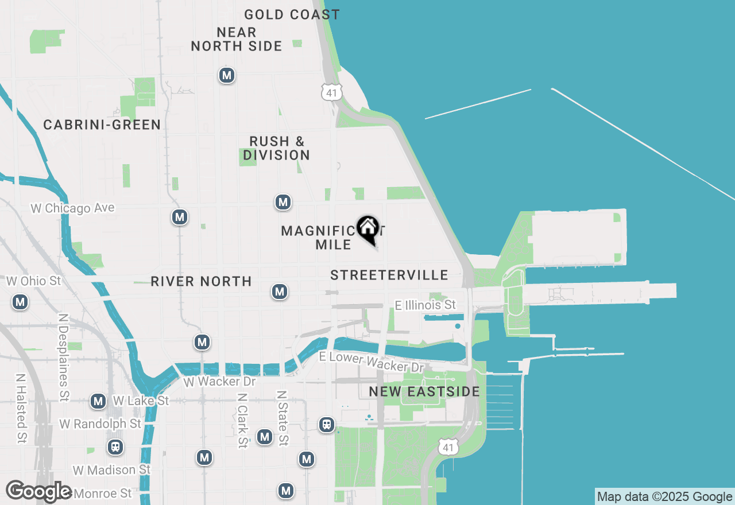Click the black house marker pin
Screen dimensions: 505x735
point(367,229)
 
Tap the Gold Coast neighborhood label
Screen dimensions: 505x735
point(292,14)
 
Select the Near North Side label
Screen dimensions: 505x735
point(237,39)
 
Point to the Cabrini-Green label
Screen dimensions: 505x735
point(102,125)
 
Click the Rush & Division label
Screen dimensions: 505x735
point(277,148)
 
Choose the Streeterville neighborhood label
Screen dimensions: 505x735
point(389,275)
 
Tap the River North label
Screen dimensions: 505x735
point(201,281)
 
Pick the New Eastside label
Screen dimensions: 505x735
point(424,391)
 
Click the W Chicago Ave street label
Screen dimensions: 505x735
point(72,208)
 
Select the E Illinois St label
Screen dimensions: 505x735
point(425,305)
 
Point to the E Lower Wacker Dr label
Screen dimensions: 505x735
point(372,362)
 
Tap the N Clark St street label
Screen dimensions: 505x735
point(242,420)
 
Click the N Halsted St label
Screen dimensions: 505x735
point(21,409)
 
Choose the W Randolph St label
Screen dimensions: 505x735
point(100,424)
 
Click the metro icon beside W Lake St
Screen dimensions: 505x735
point(98,401)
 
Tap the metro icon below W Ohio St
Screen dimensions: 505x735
point(21,302)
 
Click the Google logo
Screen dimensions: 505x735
point(38,491)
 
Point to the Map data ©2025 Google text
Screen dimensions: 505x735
point(664,497)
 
